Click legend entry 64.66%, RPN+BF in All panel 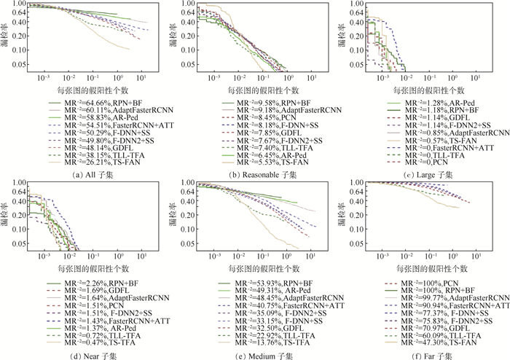pos(106,103)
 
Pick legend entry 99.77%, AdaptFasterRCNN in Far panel pos(450,297)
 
